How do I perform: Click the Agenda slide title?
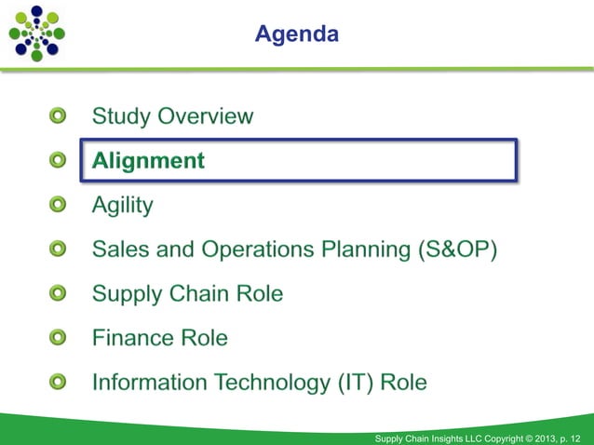tap(297, 34)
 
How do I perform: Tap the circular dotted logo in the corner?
tap(36, 33)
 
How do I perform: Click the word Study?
tap(121, 116)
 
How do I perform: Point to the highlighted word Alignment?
tap(148, 160)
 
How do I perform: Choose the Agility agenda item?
tap(122, 205)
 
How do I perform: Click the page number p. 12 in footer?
tap(573, 437)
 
